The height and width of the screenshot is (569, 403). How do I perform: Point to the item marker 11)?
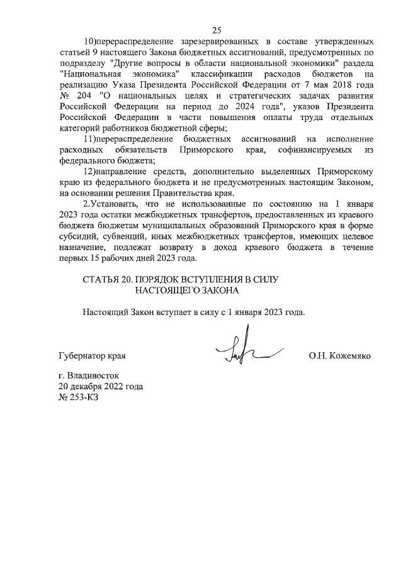pyautogui.click(x=89, y=138)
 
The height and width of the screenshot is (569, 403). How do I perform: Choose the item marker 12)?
pyautogui.click(x=89, y=171)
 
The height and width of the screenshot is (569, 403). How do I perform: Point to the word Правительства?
pyautogui.click(x=183, y=193)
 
